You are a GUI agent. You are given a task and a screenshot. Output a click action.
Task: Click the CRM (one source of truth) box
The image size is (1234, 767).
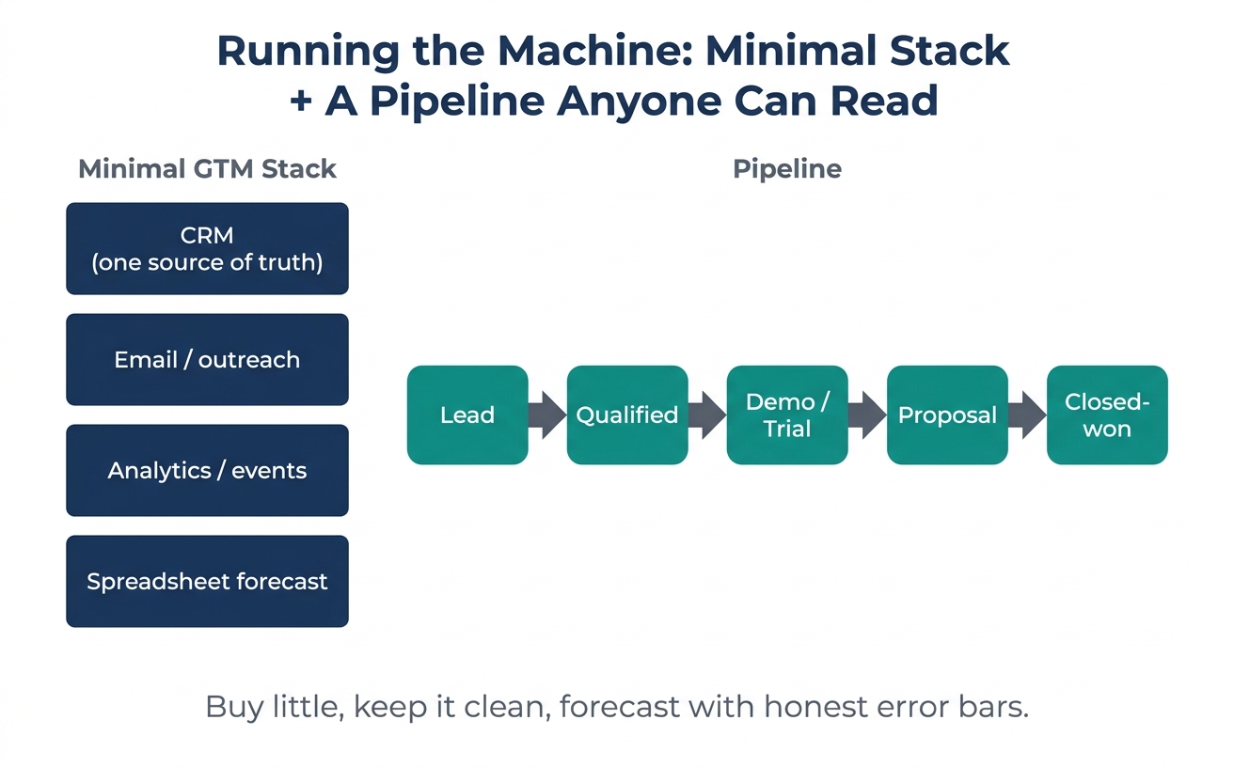tap(207, 248)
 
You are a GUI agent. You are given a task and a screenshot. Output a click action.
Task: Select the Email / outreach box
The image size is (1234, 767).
tap(207, 360)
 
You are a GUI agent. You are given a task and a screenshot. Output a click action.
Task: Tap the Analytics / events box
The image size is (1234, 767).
tap(207, 470)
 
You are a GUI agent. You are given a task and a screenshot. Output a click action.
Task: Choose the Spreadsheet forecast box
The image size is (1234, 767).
tap(207, 582)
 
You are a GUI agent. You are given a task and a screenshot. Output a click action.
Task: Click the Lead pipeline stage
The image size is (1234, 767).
tap(467, 415)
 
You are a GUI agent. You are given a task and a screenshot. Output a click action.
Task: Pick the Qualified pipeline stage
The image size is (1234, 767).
tap(627, 415)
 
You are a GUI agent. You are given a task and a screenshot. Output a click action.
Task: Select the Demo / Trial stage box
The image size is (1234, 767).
tap(787, 415)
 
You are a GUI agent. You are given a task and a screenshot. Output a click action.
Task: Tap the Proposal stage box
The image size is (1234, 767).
tap(947, 415)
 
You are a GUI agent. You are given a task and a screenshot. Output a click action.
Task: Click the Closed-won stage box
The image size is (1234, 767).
tap(1107, 415)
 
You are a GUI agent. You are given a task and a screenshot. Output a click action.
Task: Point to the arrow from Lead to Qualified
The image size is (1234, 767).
tap(547, 415)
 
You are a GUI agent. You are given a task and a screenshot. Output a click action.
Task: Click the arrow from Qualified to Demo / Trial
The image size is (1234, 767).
tap(707, 415)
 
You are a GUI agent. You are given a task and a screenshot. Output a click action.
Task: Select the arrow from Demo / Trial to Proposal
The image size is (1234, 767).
tap(867, 415)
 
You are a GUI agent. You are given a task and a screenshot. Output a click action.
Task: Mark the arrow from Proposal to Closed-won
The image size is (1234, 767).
tap(1027, 415)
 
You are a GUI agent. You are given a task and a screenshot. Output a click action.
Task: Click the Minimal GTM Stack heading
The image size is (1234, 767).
tap(207, 168)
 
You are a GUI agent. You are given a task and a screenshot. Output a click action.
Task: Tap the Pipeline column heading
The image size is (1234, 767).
tap(787, 169)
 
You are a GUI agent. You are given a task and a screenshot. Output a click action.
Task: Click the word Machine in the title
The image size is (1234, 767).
tap(594, 51)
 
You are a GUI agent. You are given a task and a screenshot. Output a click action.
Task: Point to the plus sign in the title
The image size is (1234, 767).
tap(301, 102)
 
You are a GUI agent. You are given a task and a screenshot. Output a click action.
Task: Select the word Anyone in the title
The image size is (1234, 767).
tap(639, 102)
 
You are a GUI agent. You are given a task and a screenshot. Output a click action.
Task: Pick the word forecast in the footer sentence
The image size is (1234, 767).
tap(620, 707)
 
